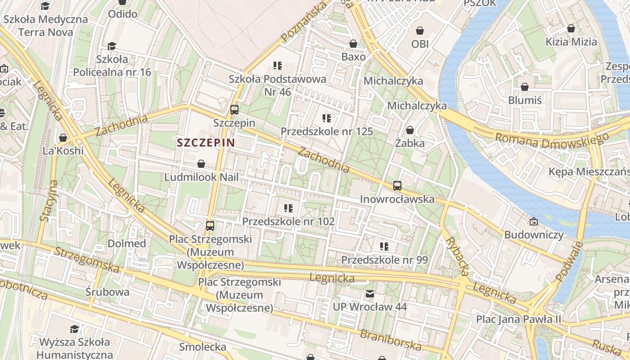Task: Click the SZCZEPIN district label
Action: [206, 143]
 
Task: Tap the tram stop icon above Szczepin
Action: [234, 109]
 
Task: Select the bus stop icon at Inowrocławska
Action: [397, 185]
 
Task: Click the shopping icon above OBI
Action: [420, 31]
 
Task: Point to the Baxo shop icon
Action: [353, 44]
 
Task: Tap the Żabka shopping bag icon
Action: [410, 130]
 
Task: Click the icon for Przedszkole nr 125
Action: [327, 118]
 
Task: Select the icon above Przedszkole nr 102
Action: [288, 208]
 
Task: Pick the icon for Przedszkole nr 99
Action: [384, 246]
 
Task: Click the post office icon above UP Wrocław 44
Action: [369, 294]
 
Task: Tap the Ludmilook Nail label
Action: [201, 177]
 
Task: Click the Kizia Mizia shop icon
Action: [571, 28]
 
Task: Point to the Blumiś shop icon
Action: [525, 87]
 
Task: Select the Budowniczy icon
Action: [533, 221]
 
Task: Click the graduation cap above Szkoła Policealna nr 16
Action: [112, 46]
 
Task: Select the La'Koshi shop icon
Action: [63, 138]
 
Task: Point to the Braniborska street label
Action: [390, 340]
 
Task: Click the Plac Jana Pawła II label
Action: [519, 319]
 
